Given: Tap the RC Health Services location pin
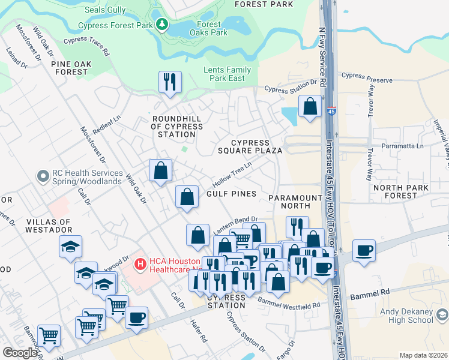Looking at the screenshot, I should (42, 176).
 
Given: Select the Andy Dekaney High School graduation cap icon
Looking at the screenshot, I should (442, 314).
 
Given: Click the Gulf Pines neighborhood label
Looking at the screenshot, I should (231, 194).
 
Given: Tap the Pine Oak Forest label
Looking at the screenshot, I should (70, 67).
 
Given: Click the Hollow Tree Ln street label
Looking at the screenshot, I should (231, 174).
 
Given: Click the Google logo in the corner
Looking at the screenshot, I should (20, 353).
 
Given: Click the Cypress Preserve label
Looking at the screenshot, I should (367, 79).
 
